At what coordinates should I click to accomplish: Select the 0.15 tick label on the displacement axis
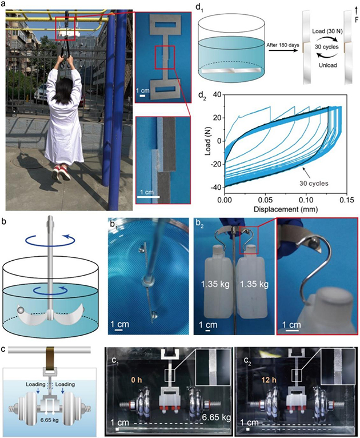point(347,200)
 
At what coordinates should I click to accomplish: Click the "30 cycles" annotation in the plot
point(314,184)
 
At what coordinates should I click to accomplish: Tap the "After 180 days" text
point(282,45)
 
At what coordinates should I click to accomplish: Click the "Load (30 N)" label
point(327,31)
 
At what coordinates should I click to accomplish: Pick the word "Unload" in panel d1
point(327,65)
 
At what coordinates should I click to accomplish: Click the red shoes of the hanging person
point(61,172)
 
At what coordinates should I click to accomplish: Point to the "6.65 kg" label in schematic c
point(49,420)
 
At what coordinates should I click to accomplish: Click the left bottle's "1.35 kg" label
point(215,284)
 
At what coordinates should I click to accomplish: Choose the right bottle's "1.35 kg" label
point(254,284)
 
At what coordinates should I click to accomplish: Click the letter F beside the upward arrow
point(357,20)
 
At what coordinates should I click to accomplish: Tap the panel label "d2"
point(202,97)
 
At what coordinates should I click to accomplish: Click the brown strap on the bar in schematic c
point(50,357)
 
